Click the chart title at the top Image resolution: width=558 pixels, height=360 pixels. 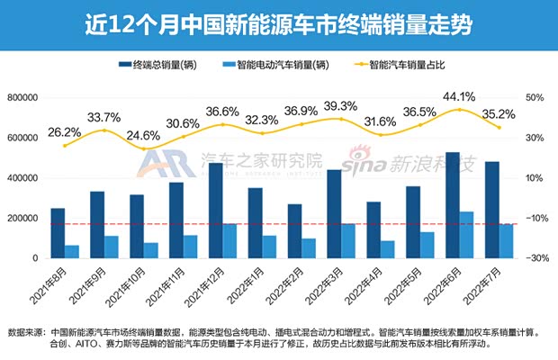coord(278,21)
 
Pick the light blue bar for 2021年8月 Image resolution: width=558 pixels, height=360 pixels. coord(72,251)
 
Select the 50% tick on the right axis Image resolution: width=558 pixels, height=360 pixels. coord(535,97)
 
